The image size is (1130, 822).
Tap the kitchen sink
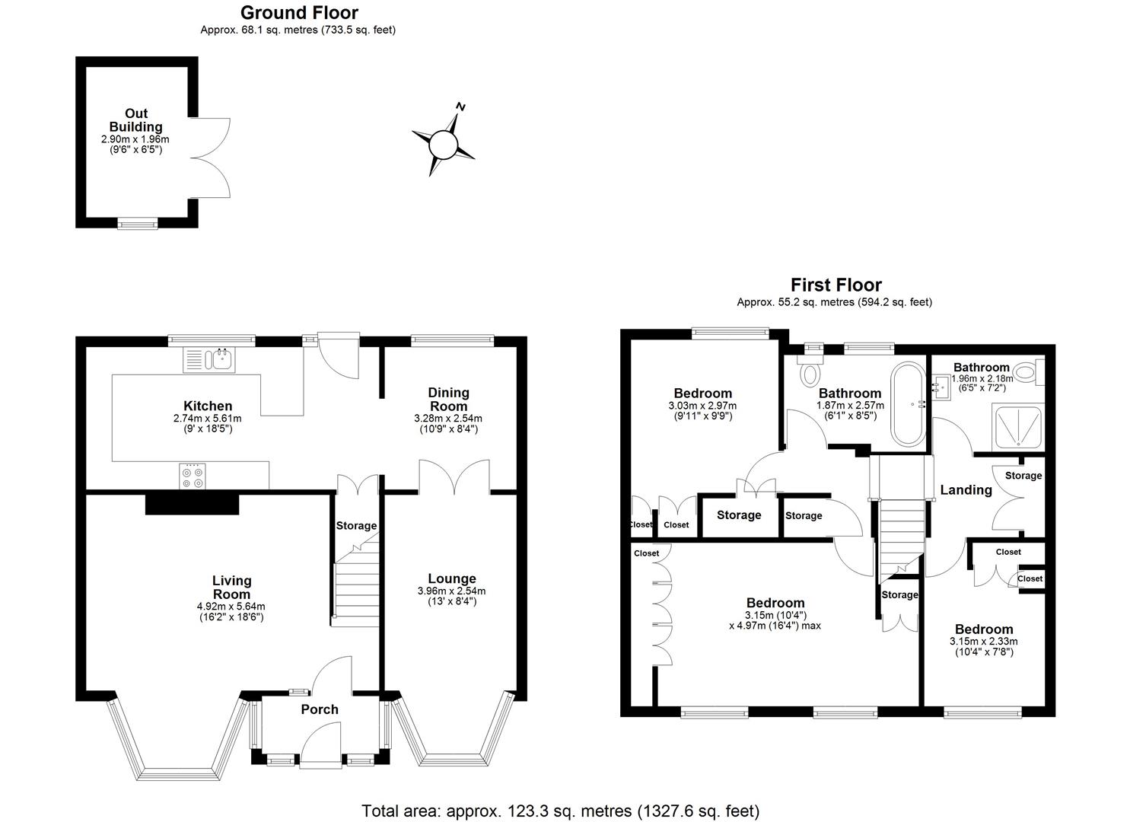[210, 359]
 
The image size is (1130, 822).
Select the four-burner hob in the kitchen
[192, 476]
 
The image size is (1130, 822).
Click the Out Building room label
[135, 120]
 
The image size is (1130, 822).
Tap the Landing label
[966, 490]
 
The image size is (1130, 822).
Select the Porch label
[320, 709]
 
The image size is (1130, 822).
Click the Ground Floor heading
[299, 12]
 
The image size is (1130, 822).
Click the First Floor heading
[836, 285]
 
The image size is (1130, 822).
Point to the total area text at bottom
[560, 811]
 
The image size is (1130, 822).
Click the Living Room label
[231, 588]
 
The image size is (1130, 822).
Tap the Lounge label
[451, 578]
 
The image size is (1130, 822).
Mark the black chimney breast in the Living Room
[192, 504]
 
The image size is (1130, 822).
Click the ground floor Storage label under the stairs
[356, 526]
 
